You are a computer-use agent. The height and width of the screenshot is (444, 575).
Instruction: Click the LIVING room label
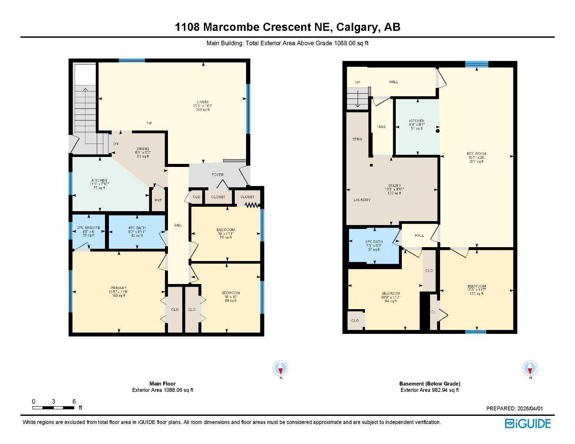(203, 102)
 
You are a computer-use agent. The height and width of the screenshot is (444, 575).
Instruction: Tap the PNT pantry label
(158, 200)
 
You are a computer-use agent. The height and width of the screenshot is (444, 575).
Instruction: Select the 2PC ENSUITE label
(89, 228)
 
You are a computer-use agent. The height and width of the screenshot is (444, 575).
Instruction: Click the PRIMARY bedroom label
(118, 288)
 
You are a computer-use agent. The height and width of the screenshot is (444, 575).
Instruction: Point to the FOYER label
(217, 175)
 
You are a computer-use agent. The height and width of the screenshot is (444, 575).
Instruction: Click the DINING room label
(143, 149)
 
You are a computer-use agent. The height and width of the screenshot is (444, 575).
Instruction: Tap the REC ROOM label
(476, 153)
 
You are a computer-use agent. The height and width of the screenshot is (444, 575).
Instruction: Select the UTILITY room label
(394, 186)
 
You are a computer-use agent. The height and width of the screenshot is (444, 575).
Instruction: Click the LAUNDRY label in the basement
(362, 200)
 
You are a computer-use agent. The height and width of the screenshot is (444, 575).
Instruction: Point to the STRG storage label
(357, 139)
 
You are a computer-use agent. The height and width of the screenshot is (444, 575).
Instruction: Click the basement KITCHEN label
(417, 121)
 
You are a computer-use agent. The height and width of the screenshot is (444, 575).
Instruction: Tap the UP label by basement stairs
(358, 82)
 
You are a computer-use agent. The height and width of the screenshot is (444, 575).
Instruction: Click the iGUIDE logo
(528, 424)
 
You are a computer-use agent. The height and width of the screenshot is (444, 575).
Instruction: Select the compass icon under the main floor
(281, 369)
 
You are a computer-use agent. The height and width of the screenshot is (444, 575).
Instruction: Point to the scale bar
(53, 408)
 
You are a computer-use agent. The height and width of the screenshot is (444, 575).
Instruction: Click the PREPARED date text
(514, 408)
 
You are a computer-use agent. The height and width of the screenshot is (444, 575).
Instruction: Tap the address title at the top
(287, 27)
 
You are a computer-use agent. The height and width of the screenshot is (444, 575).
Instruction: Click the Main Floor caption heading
(162, 384)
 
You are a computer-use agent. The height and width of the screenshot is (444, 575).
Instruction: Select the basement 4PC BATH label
(374, 242)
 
